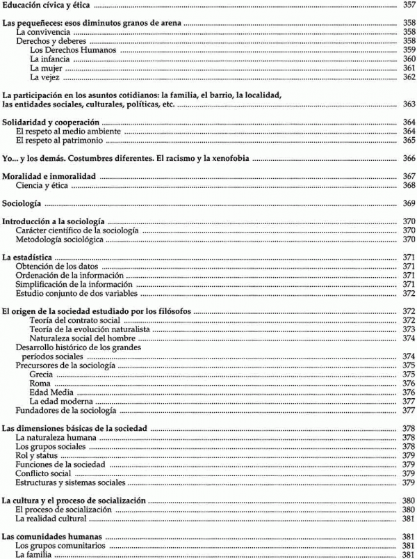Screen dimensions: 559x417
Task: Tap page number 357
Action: click(x=409, y=6)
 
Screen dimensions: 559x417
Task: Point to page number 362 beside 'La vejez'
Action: click(x=409, y=77)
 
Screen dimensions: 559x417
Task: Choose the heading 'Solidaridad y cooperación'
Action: click(x=47, y=123)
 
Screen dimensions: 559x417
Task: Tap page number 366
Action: click(x=409, y=159)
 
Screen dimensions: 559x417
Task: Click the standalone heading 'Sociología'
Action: click(x=22, y=204)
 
